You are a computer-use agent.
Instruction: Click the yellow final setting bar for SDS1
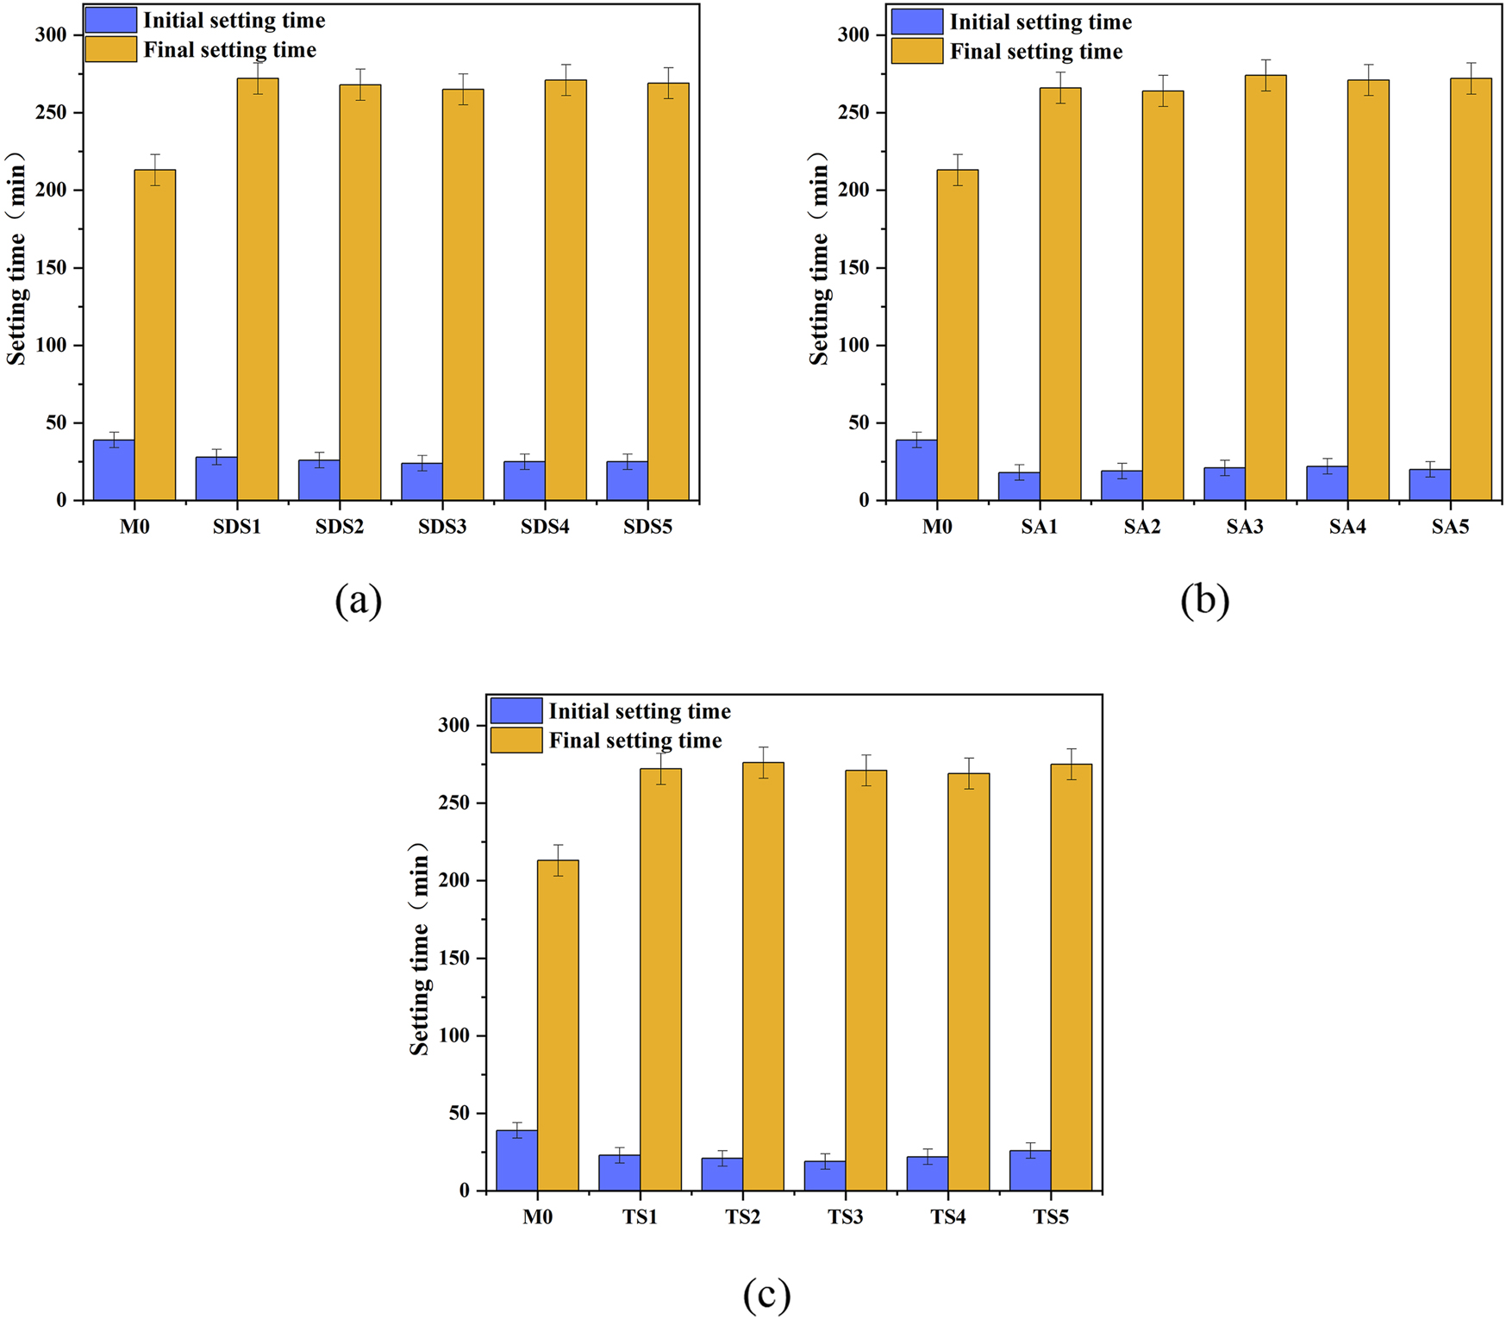pyautogui.click(x=258, y=289)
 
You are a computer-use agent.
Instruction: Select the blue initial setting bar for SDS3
pyautogui.click(x=422, y=482)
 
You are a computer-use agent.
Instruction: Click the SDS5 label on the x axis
pyautogui.click(x=647, y=527)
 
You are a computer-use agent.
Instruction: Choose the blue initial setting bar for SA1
pyautogui.click(x=1019, y=486)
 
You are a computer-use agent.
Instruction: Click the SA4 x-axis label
pyautogui.click(x=1347, y=527)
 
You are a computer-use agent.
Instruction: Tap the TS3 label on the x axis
pyautogui.click(x=845, y=1217)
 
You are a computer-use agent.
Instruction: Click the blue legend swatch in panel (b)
pyautogui.click(x=917, y=22)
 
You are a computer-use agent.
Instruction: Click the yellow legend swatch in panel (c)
pyautogui.click(x=516, y=741)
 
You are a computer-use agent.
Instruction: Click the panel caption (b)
pyautogui.click(x=1204, y=600)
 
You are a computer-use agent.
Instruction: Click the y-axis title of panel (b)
pyautogui.click(x=819, y=259)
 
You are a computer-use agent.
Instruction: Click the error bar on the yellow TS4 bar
pyautogui.click(x=969, y=773)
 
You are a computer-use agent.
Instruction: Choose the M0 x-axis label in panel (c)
pyautogui.click(x=537, y=1217)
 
